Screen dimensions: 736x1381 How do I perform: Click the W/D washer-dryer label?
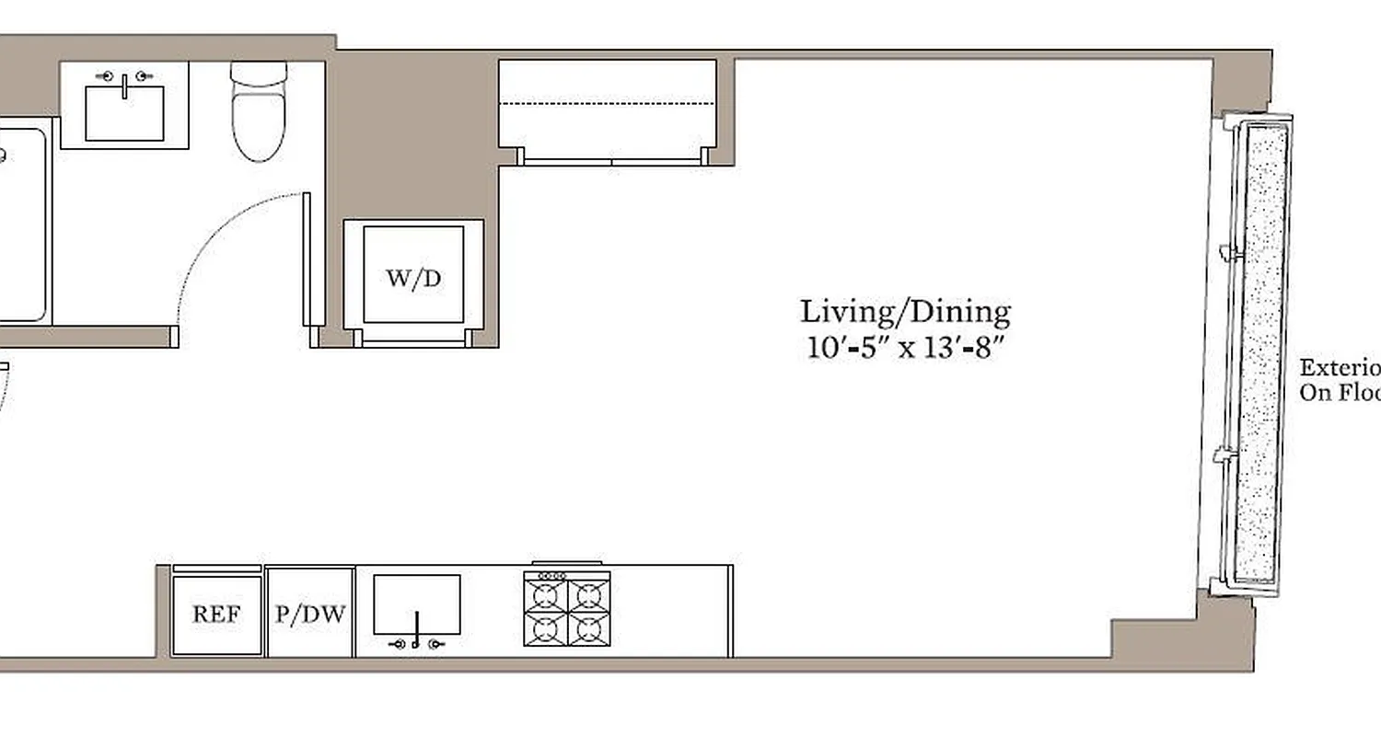tap(412, 279)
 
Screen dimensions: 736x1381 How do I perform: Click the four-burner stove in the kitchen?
tap(567, 609)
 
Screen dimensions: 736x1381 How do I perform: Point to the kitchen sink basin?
tap(416, 603)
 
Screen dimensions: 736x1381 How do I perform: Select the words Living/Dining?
tap(904, 313)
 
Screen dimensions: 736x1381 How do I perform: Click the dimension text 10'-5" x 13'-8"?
tap(903, 350)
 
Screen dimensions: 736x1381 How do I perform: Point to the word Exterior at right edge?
tap(1340, 368)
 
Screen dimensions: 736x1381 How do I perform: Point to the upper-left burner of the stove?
tap(546, 594)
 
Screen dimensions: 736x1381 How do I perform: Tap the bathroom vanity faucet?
tap(124, 80)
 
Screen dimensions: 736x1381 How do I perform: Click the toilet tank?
tap(259, 74)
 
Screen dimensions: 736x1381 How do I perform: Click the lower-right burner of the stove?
tap(588, 629)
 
